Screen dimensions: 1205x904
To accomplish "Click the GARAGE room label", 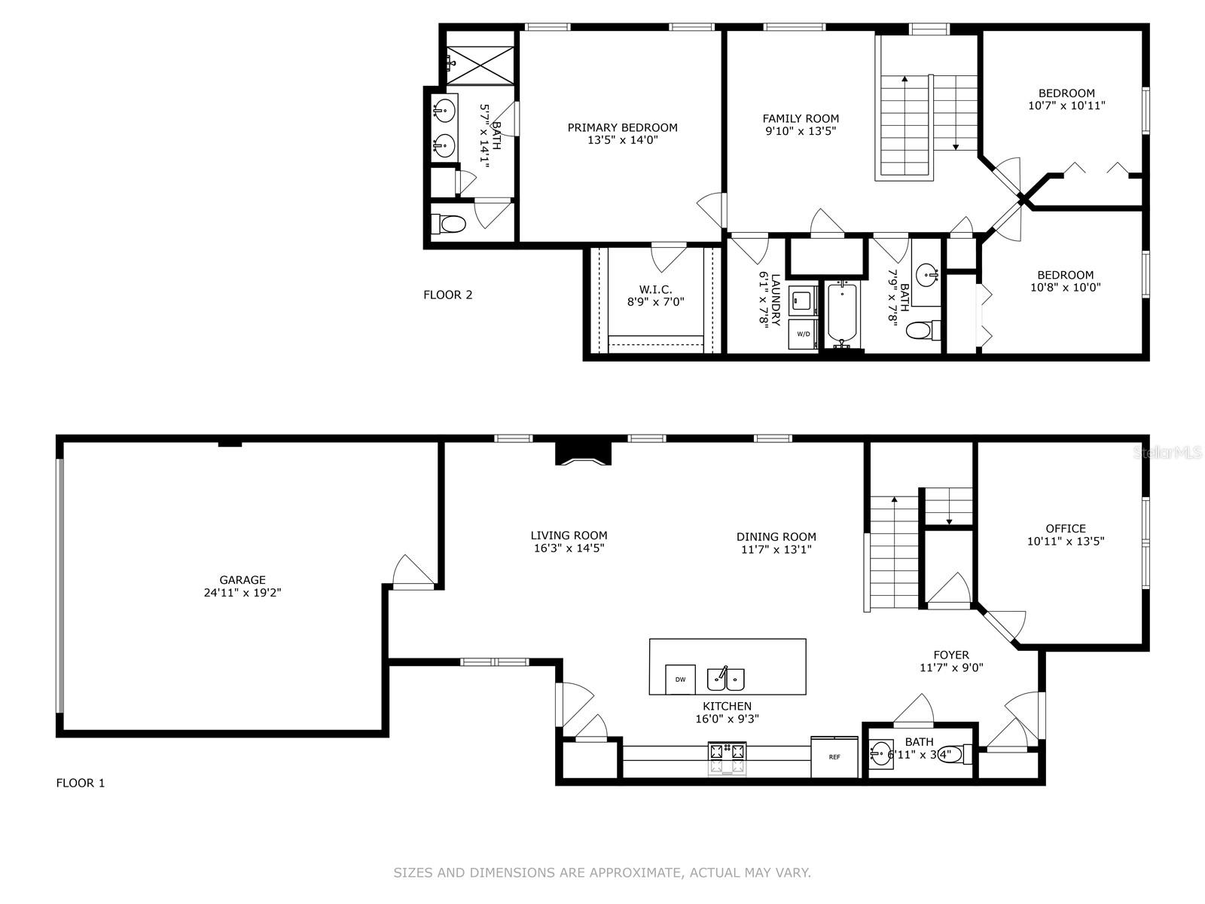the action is click(242, 579).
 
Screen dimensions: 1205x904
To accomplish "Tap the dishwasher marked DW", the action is click(680, 680).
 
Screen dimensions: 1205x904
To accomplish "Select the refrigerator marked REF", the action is click(834, 757).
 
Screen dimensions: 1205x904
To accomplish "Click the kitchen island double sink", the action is click(726, 679).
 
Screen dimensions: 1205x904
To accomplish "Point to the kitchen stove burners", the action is click(728, 758).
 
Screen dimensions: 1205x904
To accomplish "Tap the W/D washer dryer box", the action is click(803, 334).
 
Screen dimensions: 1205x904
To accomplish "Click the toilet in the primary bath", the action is click(448, 224).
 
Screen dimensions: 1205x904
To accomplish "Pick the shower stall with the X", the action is click(480, 66).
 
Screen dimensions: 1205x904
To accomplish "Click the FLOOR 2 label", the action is click(447, 295).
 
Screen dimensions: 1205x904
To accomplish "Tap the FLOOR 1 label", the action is click(80, 783).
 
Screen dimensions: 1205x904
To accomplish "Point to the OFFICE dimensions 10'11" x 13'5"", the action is click(1066, 541).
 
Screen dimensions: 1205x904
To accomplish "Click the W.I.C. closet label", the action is click(655, 289).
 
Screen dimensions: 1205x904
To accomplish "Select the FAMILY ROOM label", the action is click(801, 118).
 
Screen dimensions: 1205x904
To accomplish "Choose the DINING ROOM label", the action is click(776, 536).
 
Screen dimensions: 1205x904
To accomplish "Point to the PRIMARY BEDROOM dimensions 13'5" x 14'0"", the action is click(623, 140).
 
